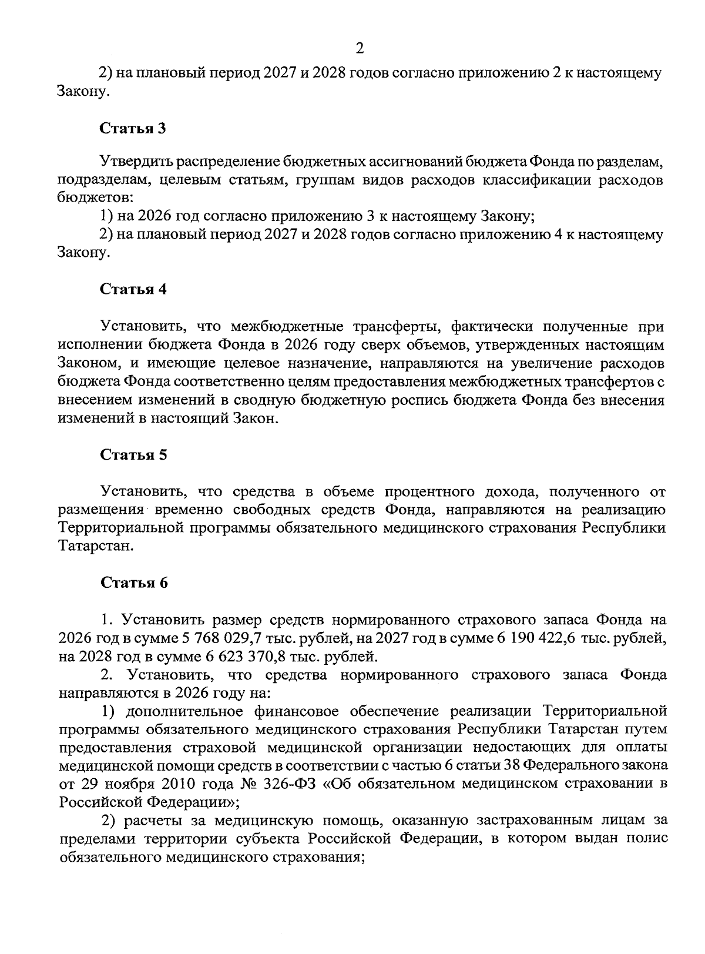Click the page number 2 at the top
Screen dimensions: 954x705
[x=360, y=48]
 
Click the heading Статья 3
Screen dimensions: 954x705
[x=133, y=129]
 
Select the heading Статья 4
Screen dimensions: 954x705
[x=133, y=289]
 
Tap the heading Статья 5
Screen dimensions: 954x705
[x=133, y=454]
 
